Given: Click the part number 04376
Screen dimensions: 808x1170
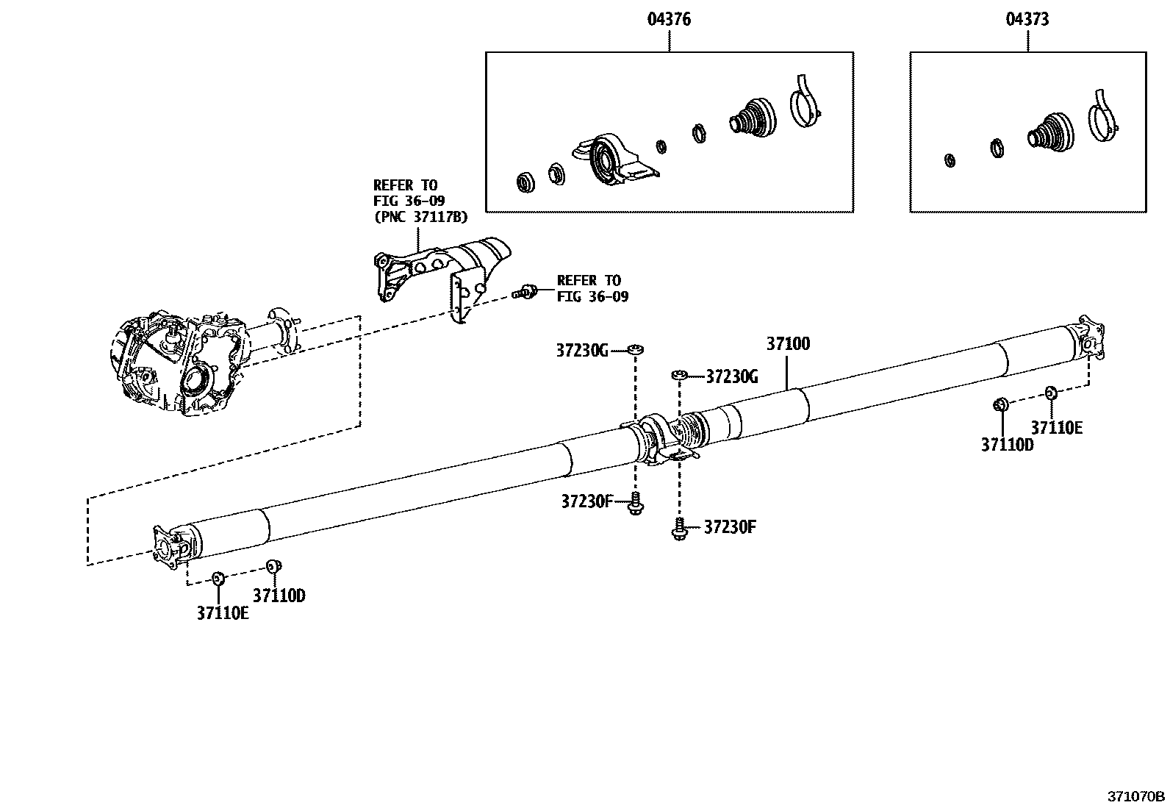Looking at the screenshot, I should coord(668,20).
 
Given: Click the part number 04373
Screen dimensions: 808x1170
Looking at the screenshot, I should coord(1027,20).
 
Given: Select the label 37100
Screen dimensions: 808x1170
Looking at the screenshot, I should coord(788,343).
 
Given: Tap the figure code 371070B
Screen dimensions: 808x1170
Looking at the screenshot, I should coord(1136,796).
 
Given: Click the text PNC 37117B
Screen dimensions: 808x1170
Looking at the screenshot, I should coord(420,218).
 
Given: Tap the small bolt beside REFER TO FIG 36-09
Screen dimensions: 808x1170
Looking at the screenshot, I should coord(525,292).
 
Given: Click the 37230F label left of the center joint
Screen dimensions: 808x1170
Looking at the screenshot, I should coord(586,501).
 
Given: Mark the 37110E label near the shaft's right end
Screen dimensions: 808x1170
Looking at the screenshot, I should coord(1056,428).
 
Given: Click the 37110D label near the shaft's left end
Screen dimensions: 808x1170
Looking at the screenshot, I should coord(279,596).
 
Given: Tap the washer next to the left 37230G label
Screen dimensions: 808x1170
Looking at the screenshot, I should coord(635,349).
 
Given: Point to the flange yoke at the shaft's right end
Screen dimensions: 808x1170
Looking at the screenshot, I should coord(1088,338).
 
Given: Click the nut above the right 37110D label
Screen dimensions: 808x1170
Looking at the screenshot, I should coord(999,404).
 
